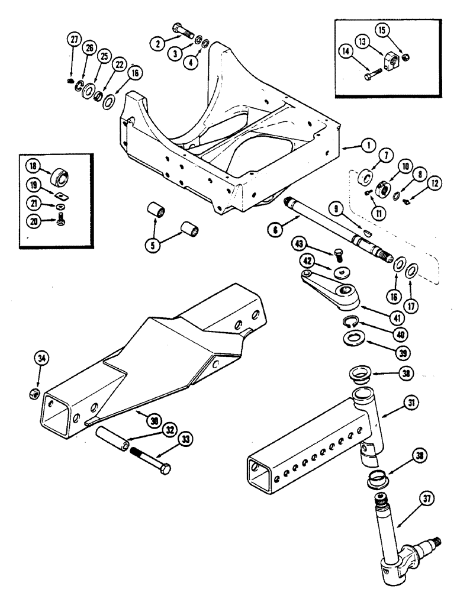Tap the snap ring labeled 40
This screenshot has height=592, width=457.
tap(352, 321)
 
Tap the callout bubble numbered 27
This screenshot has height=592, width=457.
tap(73, 40)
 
